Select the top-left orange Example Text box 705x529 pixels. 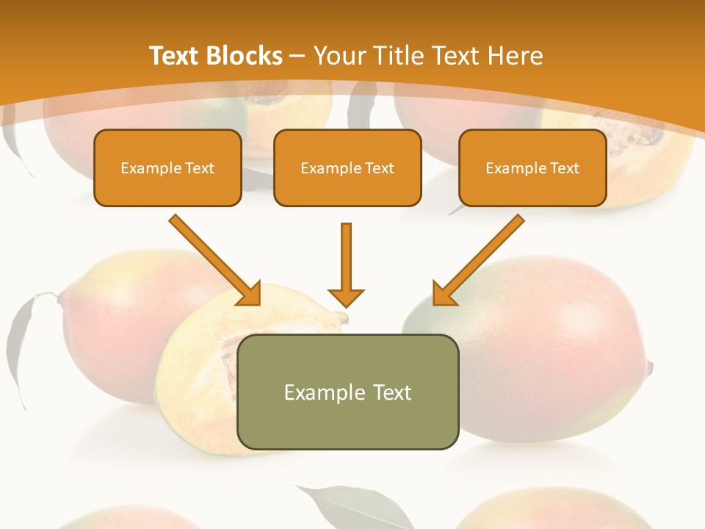167,168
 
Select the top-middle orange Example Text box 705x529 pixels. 347,168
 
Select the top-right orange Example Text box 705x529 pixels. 532,168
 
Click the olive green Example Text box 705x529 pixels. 347,392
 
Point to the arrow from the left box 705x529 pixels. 213,257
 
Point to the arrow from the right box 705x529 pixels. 481,257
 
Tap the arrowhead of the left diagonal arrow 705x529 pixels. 250,294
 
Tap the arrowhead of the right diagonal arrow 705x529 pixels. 444,294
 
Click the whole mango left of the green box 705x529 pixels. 110,323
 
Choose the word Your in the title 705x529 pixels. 339,56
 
